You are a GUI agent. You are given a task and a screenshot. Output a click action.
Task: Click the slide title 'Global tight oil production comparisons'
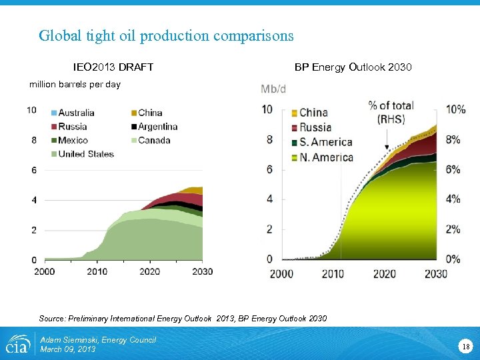click(x=166, y=35)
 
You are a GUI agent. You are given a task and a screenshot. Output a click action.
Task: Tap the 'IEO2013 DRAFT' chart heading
click(x=113, y=67)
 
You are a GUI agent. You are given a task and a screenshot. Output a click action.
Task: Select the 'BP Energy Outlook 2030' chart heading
click(x=353, y=67)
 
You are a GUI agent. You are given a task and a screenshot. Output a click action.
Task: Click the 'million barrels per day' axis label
click(x=75, y=85)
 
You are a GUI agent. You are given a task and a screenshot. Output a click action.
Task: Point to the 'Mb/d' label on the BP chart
click(x=273, y=89)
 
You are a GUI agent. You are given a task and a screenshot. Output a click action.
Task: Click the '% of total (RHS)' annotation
click(x=391, y=112)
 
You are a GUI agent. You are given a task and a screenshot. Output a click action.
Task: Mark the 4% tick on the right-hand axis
click(x=453, y=199)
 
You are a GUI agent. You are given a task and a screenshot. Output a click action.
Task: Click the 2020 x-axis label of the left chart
click(x=150, y=271)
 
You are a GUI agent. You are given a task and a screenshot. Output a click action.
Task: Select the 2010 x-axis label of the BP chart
click(x=333, y=273)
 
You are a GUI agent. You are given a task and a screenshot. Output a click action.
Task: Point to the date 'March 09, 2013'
click(x=68, y=349)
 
